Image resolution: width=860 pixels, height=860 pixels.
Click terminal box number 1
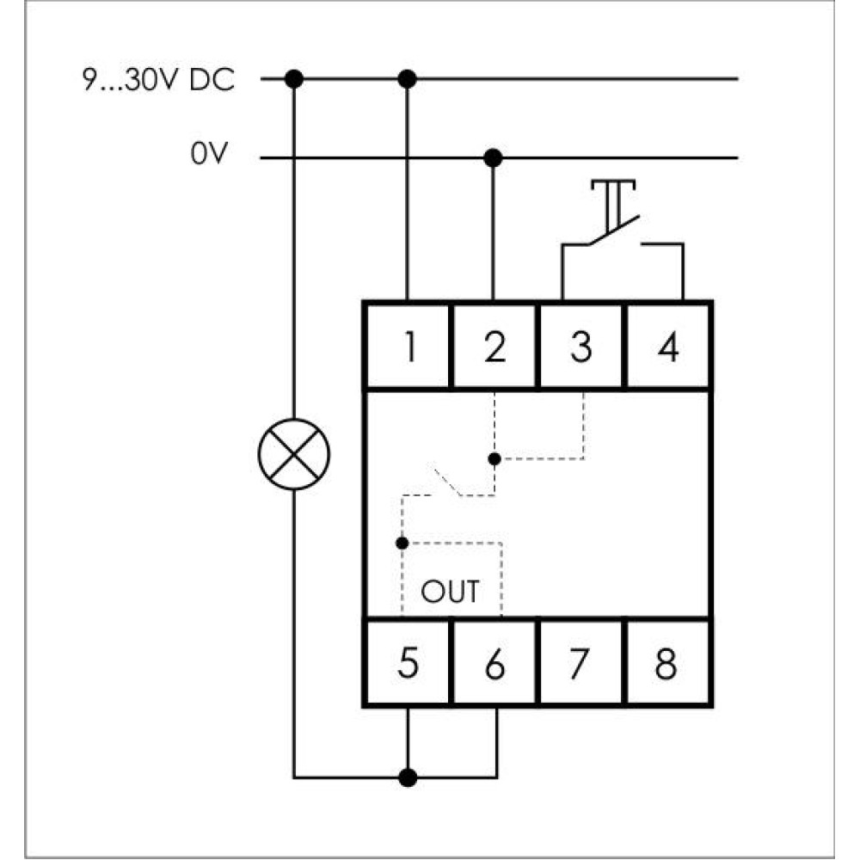[x=408, y=347]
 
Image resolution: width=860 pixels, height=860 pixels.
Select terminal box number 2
[x=494, y=347]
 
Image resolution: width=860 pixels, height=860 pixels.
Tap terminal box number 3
[x=581, y=347]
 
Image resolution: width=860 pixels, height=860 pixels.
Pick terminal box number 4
[x=668, y=347]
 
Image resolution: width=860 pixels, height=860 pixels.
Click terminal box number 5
[x=408, y=662]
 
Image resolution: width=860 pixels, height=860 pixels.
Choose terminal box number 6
[x=494, y=662]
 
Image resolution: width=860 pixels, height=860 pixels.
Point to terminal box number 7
[x=581, y=662]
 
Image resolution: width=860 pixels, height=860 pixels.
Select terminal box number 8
[x=668, y=662]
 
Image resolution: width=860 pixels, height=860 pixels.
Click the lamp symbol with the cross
[x=294, y=454]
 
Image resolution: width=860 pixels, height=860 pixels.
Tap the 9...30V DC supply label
[x=158, y=80]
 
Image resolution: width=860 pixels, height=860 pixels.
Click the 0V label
[x=208, y=154]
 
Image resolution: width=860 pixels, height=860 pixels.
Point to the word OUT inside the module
[x=450, y=592]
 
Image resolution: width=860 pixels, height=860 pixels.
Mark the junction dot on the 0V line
[x=493, y=158]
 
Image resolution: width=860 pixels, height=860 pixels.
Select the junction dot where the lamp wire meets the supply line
[x=294, y=79]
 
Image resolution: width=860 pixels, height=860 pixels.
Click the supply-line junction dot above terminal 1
[x=407, y=79]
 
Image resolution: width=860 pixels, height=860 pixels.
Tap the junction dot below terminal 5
[x=408, y=777]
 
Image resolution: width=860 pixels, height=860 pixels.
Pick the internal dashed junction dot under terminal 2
[x=494, y=459]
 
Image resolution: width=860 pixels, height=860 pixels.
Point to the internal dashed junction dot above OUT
[x=402, y=543]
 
